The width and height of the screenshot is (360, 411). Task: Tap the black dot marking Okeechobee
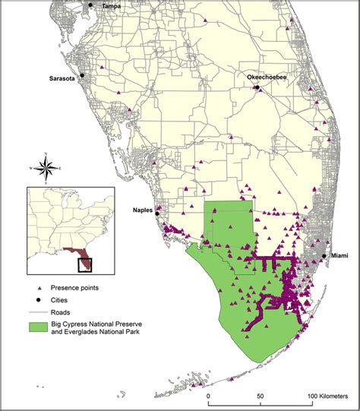(257, 87)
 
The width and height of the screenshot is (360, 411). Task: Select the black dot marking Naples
(157, 213)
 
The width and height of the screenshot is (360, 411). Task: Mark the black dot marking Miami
(325, 257)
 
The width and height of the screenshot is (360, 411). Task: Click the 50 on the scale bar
(261, 396)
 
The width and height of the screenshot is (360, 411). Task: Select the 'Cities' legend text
(62, 300)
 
